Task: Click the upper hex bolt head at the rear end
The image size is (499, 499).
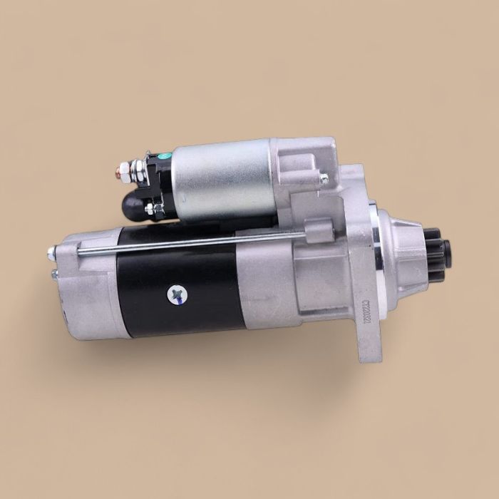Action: (51, 252)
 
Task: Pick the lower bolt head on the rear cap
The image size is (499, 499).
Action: (53, 273)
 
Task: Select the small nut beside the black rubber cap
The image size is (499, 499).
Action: (150, 209)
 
